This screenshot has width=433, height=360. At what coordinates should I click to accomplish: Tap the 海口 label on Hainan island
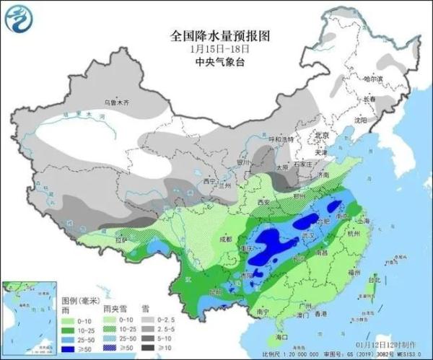pyautogui.click(x=283, y=336)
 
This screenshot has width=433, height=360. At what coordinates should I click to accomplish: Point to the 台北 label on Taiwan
pyautogui.click(x=374, y=279)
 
